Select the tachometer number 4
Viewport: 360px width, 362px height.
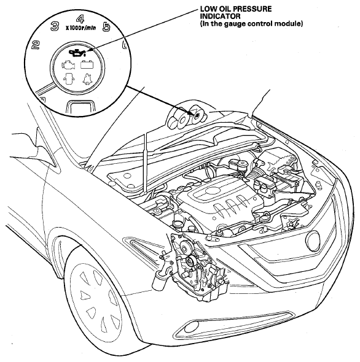80,19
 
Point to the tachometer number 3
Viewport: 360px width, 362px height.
55,26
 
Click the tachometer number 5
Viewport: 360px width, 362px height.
106,27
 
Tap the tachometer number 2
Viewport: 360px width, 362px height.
36,45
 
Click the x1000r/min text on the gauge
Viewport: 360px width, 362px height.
80,28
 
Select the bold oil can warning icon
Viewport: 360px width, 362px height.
77,53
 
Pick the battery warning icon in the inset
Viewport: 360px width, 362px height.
87,64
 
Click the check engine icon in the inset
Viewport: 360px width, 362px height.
68,65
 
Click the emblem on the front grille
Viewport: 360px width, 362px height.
314,242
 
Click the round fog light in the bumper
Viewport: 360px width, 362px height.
191,328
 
